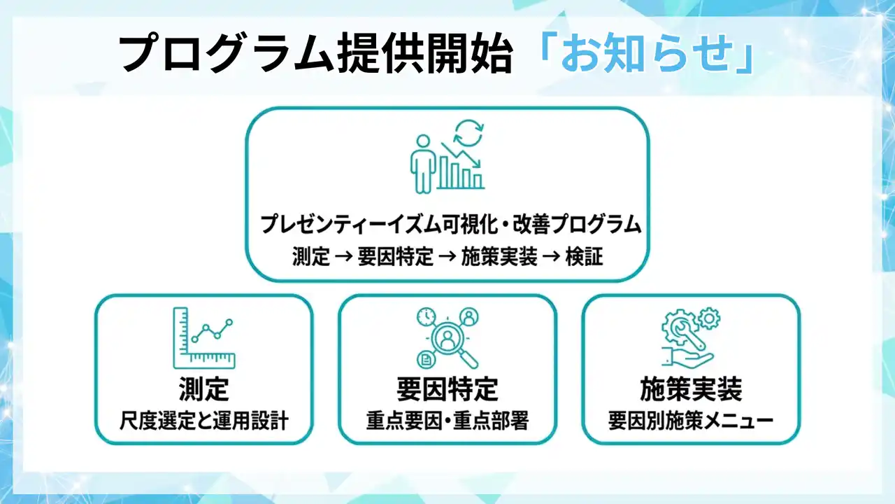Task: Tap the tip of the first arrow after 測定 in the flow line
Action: tap(353, 257)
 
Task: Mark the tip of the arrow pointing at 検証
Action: tap(561, 257)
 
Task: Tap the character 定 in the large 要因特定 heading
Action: tap(485, 388)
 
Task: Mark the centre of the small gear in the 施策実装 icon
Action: tap(709, 318)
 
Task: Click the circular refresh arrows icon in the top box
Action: tap(468, 134)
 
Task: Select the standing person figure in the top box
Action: tap(423, 164)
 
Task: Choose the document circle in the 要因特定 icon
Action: tap(426, 359)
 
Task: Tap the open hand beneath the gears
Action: tap(687, 358)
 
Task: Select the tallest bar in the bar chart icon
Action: tap(444, 172)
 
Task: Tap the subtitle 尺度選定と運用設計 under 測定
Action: tap(203, 421)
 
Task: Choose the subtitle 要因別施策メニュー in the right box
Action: tap(691, 421)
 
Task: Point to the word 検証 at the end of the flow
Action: tap(584, 257)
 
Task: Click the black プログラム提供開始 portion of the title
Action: tap(315, 53)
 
